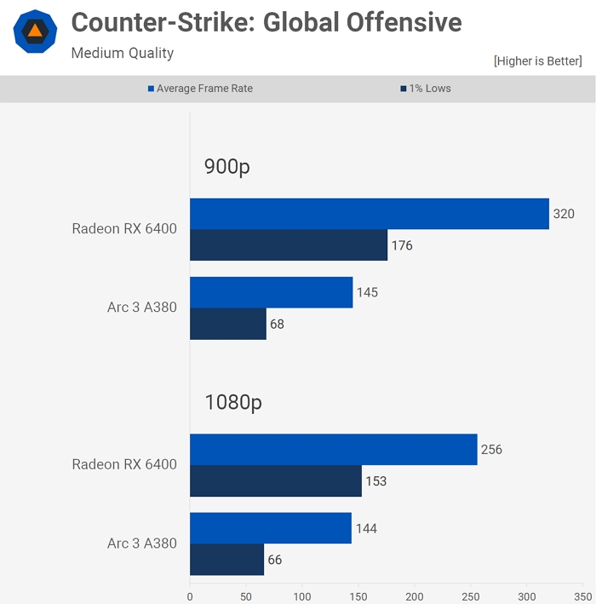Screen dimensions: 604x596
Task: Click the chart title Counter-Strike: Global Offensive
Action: coord(266,23)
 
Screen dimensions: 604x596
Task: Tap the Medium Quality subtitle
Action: coord(122,54)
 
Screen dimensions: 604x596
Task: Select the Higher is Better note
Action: coord(537,61)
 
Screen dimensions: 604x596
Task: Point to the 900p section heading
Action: coord(226,167)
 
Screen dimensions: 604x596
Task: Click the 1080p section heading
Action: coord(233,402)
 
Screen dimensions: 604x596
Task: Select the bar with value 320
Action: coord(369,214)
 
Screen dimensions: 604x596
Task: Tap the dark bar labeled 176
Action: coord(288,245)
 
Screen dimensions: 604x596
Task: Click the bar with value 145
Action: coord(271,292)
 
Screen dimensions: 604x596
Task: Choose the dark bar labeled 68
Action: coord(227,324)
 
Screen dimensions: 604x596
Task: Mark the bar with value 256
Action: coord(333,450)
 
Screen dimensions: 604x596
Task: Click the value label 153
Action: coord(375,481)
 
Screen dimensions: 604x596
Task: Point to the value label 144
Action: coord(366,528)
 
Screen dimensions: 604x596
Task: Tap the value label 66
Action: coord(274,560)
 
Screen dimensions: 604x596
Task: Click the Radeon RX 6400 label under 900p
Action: coord(124,229)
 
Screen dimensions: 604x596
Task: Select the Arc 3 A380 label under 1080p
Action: coord(142,544)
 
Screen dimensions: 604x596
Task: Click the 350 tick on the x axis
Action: coord(583,597)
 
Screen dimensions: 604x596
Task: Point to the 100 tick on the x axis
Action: coord(302,597)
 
